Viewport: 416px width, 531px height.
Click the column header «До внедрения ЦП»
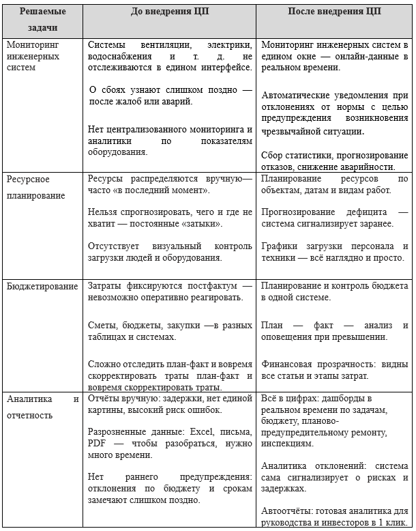click(x=170, y=12)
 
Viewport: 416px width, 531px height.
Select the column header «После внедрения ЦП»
click(x=334, y=12)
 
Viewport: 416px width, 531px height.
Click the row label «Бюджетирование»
click(x=42, y=286)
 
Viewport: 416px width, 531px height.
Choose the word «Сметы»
click(x=102, y=325)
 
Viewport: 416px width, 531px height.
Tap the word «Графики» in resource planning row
click(x=280, y=246)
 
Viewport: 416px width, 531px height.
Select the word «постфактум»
click(x=202, y=287)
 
